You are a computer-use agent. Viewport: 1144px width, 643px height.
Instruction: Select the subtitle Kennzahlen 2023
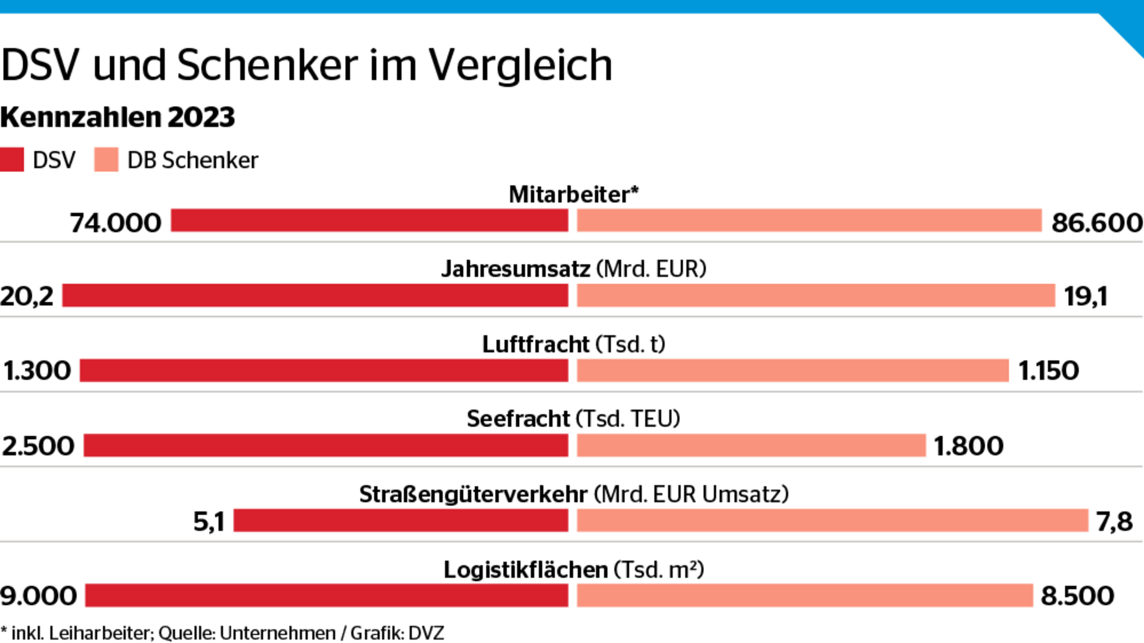point(117,117)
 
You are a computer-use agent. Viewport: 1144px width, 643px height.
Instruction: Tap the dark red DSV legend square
point(12,160)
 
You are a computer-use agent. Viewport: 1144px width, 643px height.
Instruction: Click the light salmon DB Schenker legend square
point(106,160)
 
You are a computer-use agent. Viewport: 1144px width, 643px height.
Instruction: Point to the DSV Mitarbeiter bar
point(369,220)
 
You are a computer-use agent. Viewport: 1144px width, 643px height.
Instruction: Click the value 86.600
point(1096,223)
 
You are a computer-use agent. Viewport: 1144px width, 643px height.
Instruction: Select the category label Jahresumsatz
point(515,269)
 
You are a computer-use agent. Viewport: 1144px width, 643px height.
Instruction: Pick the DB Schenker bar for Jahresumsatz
point(816,296)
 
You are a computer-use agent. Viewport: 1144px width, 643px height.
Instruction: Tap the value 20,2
point(27,296)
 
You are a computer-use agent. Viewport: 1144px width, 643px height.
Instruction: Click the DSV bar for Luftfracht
point(324,371)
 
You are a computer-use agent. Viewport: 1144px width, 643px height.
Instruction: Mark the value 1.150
point(1049,371)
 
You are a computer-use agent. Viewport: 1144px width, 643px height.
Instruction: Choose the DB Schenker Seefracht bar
point(751,446)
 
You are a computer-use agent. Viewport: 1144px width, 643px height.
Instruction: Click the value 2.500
point(38,446)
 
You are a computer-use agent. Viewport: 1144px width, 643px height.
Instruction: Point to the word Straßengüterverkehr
point(473,494)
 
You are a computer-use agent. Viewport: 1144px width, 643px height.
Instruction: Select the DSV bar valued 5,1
point(400,521)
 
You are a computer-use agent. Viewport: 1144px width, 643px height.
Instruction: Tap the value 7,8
point(1114,521)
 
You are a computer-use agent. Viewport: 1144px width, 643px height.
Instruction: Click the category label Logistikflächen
point(526,570)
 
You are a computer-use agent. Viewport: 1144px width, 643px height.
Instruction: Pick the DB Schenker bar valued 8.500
point(804,596)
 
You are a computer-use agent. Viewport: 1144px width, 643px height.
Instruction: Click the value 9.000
point(39,596)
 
